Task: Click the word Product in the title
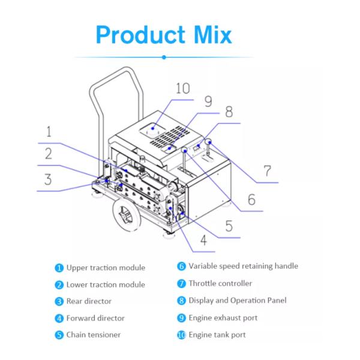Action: tap(140, 35)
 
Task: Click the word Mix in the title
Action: tap(213, 35)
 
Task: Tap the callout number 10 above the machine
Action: tap(183, 88)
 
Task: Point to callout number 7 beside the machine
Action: tap(267, 171)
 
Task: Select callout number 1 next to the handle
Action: tap(49, 131)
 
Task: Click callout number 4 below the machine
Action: tap(203, 241)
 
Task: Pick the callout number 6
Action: tap(251, 199)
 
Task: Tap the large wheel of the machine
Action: tap(126, 214)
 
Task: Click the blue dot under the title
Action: tap(164, 57)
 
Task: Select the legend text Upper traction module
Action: tap(106, 268)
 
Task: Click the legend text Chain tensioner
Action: tap(94, 335)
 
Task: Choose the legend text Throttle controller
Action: tap(220, 283)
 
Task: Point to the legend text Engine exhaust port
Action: tap(223, 318)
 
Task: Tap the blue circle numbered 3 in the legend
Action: tap(59, 301)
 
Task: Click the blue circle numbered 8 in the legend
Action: tap(181, 301)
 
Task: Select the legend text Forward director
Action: tap(95, 318)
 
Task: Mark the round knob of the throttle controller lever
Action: tap(209, 142)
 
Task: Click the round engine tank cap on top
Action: tap(152, 132)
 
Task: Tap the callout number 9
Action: tap(208, 101)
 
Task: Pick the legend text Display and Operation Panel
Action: tap(238, 301)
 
